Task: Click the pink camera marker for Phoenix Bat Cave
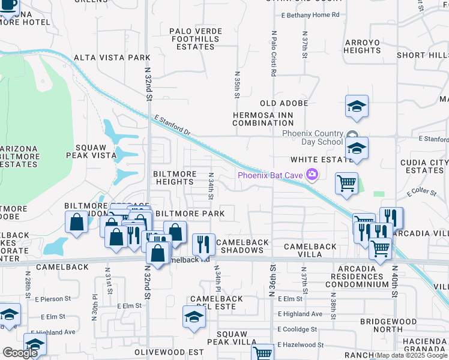click(312, 175)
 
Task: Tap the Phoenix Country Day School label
click(313, 137)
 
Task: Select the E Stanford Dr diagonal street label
click(172, 125)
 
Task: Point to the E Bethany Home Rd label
click(310, 14)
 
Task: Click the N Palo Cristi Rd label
click(273, 54)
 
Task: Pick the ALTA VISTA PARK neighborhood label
click(111, 58)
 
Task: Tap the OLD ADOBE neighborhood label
click(284, 103)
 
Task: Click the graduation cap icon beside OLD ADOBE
click(357, 107)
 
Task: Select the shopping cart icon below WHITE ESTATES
click(347, 184)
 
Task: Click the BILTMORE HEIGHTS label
click(175, 178)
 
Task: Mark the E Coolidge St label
click(297, 329)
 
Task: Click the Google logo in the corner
click(20, 353)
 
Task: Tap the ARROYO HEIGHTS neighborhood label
click(363, 47)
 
